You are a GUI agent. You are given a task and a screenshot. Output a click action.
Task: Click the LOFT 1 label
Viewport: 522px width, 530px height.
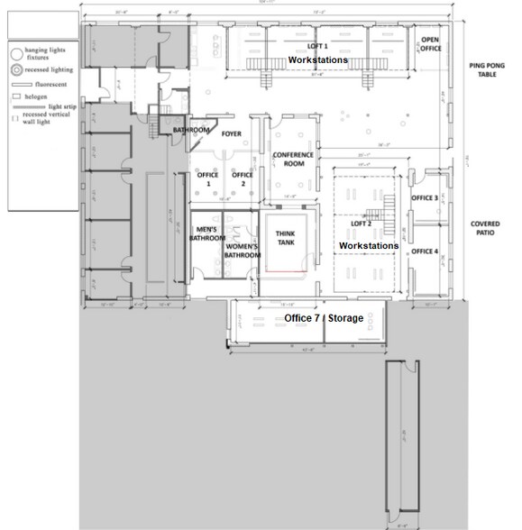click(317, 45)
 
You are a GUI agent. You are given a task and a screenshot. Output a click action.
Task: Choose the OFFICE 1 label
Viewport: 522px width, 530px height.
click(207, 179)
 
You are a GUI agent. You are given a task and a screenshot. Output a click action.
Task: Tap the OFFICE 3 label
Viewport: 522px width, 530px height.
click(425, 197)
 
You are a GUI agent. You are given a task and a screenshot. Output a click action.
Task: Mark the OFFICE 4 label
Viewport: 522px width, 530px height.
click(425, 251)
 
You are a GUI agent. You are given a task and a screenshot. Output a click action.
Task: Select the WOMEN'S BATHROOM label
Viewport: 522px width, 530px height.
click(243, 251)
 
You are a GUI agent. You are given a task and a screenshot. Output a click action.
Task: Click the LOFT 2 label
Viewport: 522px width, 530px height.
click(361, 223)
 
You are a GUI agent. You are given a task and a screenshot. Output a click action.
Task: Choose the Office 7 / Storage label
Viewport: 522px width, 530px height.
click(323, 319)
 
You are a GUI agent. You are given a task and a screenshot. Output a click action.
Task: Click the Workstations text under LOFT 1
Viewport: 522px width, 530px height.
click(317, 59)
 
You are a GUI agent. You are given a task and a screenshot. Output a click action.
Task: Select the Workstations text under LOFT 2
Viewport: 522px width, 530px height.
click(369, 245)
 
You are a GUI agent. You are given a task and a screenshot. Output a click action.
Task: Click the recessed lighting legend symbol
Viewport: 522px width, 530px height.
click(16, 69)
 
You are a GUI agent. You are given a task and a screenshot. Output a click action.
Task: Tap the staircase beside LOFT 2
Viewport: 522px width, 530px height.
click(389, 213)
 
